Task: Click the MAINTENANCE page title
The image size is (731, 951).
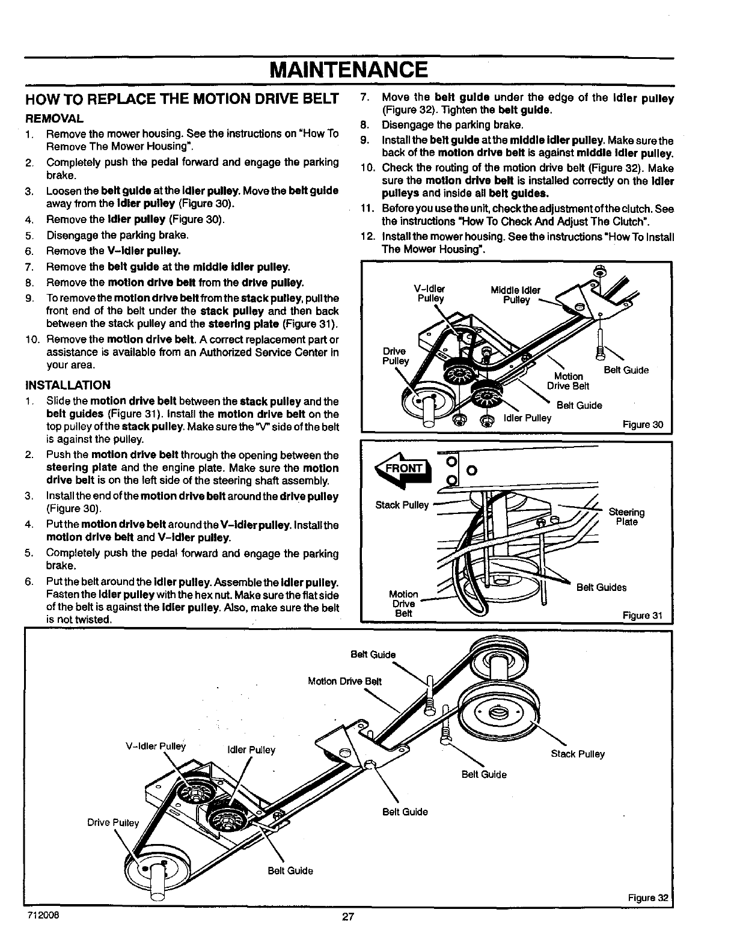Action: pos(349,69)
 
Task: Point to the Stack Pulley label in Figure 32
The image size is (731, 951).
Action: pos(578,754)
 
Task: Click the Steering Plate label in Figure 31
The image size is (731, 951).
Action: pos(626,517)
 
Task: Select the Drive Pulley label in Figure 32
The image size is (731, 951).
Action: pos(113,822)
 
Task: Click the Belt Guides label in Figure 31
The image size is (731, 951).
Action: pos(601,587)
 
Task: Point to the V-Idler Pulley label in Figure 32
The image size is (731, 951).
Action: pos(156,747)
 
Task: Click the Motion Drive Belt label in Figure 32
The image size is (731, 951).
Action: pos(344,681)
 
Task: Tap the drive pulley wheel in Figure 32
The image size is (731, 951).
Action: pos(158,869)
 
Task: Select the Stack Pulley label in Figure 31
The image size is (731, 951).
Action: pos(402,505)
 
